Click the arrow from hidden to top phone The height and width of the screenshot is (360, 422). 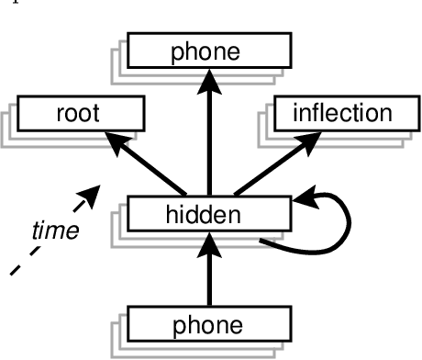[208, 138]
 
